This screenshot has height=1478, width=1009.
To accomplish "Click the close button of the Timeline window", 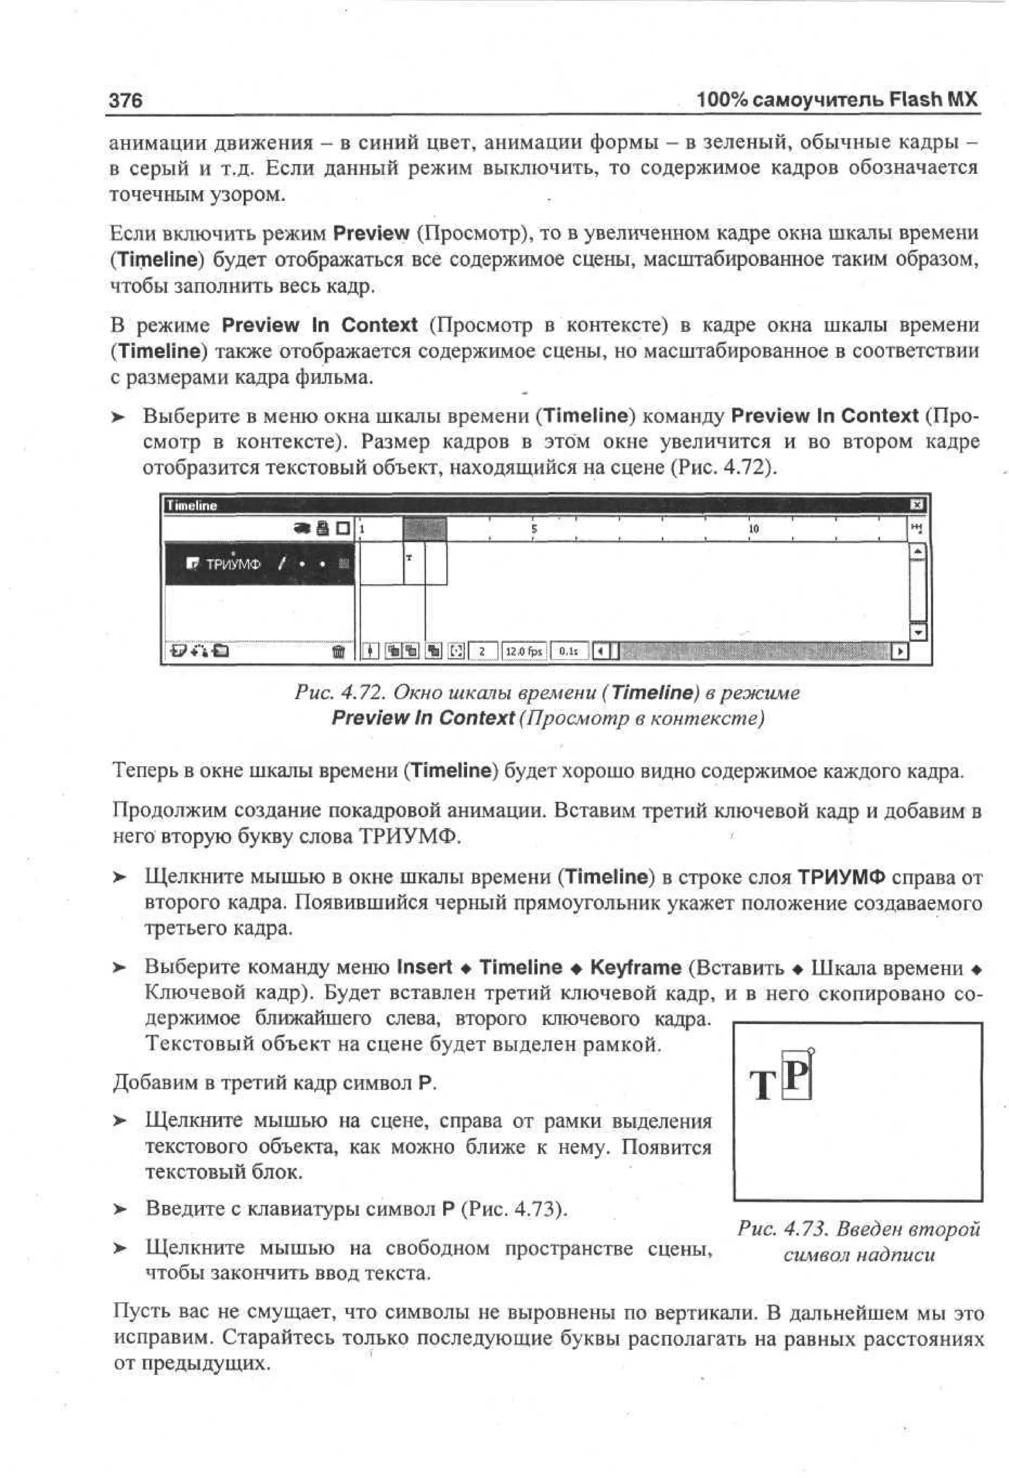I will pos(917,504).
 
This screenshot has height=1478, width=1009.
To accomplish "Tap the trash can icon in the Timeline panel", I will pos(338,651).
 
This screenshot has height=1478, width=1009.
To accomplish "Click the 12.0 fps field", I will pos(524,651).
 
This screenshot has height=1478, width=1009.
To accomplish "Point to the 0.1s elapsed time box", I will pos(568,651).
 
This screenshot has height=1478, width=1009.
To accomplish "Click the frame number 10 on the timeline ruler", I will pos(753,528).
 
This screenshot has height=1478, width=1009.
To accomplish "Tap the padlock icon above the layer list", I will pos(323,528).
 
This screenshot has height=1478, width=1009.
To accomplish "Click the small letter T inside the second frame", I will pos(409,558).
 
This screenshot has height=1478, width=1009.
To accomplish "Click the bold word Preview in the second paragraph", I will pos(371,233).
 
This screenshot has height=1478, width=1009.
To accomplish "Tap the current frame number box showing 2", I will pos(483,651).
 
